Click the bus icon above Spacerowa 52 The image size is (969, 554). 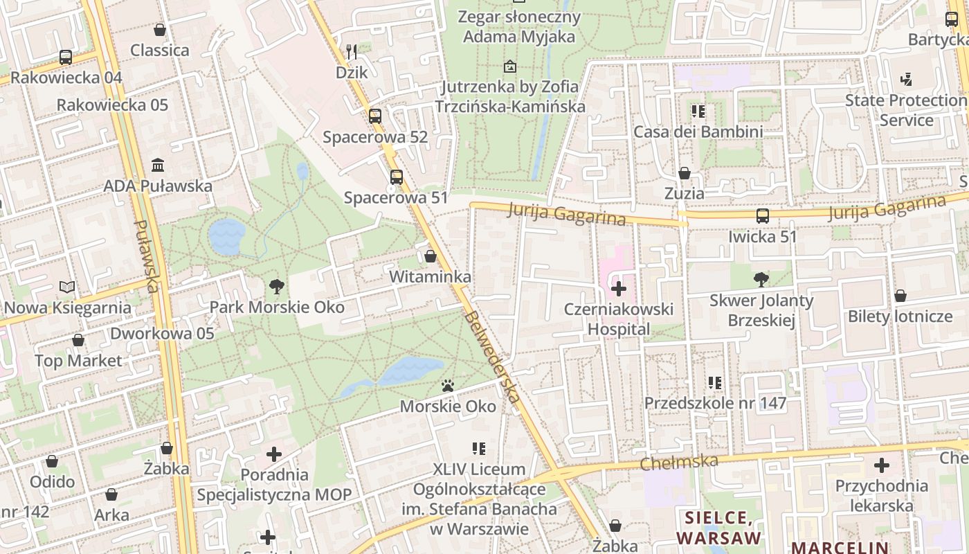(x=374, y=116)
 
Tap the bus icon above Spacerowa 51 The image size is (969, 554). (x=396, y=177)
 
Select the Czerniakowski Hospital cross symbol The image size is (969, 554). (x=618, y=289)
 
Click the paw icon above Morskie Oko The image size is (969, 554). (x=448, y=386)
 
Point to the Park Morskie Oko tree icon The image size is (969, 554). (x=277, y=285)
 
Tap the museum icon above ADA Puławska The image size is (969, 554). (x=158, y=166)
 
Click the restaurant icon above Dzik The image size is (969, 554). (x=352, y=51)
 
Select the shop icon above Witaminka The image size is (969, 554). (x=431, y=256)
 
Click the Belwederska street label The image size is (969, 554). (x=493, y=357)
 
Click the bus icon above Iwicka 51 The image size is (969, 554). (x=762, y=216)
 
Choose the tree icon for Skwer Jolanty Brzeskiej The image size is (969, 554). (x=761, y=280)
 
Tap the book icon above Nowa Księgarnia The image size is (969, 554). (x=67, y=287)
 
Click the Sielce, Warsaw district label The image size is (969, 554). (x=718, y=528)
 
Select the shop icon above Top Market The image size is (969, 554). (x=78, y=340)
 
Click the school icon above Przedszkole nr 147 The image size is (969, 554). (x=715, y=382)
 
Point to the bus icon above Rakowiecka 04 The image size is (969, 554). (x=66, y=57)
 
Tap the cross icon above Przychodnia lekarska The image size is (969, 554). (x=881, y=465)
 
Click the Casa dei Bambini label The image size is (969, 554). (x=698, y=132)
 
